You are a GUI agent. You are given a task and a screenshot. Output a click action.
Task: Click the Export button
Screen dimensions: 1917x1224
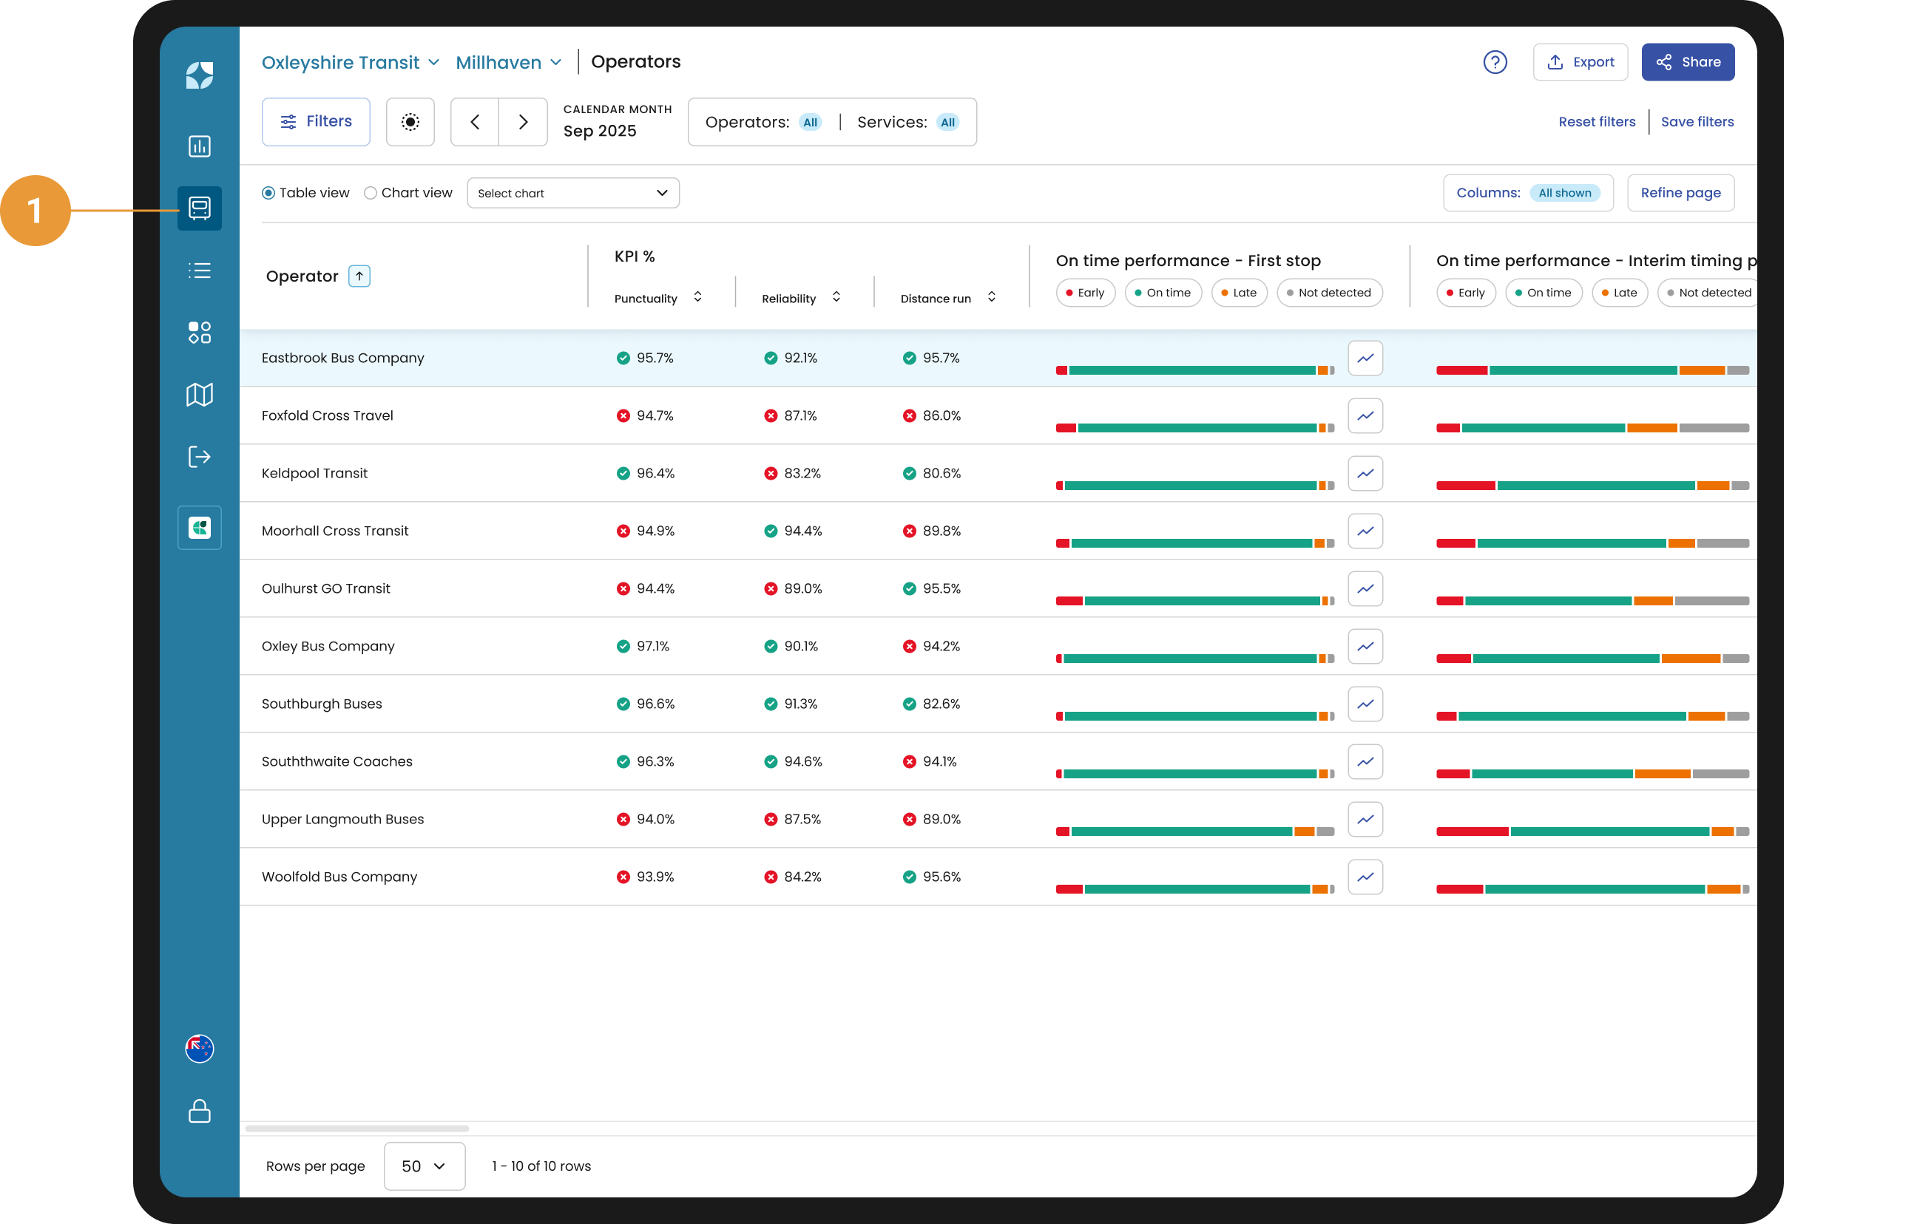pos(1580,62)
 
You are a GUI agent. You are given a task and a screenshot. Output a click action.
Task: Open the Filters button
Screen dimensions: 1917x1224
pos(316,122)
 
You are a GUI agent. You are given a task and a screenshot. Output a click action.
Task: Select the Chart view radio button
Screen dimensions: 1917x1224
pos(371,193)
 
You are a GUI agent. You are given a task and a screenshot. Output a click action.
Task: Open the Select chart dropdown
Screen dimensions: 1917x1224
pos(573,193)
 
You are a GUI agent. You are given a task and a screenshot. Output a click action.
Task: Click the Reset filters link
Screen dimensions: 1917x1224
pos(1596,122)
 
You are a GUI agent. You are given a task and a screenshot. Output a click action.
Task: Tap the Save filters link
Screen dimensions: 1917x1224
pos(1697,122)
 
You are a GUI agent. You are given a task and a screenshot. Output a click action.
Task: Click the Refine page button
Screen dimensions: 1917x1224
pos(1680,193)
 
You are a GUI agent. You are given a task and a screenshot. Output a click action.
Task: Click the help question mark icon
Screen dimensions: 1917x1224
pos(1495,62)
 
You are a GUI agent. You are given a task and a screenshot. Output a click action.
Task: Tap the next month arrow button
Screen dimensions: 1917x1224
pos(523,122)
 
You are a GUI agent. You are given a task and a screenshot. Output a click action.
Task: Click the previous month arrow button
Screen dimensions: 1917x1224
pos(476,122)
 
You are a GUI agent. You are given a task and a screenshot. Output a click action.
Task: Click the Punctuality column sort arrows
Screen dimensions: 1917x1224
pos(697,297)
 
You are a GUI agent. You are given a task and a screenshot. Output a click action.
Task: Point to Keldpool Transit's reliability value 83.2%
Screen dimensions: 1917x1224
pos(802,474)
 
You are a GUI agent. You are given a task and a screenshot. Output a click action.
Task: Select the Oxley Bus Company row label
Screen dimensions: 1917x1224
pos(328,646)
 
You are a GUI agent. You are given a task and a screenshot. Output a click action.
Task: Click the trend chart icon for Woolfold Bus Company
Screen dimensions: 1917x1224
pos(1365,877)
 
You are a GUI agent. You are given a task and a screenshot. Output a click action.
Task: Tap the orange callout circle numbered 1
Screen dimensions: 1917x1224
pos(35,210)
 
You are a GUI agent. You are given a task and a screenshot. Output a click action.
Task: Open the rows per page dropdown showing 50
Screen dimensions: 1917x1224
pos(425,1166)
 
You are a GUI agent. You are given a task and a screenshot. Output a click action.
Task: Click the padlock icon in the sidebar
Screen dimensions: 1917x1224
pos(199,1111)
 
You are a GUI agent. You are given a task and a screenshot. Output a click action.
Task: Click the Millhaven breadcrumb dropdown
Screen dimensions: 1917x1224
pos(509,62)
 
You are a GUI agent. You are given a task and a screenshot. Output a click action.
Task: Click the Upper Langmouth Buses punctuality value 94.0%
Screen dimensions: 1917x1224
pos(655,819)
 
